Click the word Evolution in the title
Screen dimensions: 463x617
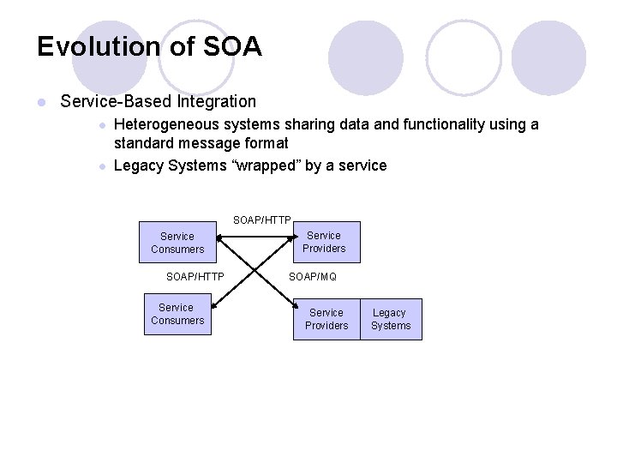coord(103,46)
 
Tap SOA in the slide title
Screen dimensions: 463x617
coord(231,46)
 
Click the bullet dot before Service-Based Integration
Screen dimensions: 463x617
coord(40,103)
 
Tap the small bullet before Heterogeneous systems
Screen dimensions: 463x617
coord(101,125)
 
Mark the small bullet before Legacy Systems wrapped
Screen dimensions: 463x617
coord(101,166)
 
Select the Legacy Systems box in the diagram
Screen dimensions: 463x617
coord(391,319)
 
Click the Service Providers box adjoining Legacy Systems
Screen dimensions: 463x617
coord(326,319)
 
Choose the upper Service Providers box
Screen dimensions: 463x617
coord(326,242)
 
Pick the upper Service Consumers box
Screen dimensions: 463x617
coord(177,243)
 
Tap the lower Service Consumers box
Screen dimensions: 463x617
coord(177,314)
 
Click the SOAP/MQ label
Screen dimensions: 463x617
coord(313,277)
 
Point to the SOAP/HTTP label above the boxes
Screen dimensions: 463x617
coord(262,220)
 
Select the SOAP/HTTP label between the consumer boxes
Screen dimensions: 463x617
coord(195,277)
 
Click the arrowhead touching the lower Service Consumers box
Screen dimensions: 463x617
coord(214,299)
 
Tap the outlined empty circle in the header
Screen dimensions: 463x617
coord(463,57)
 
